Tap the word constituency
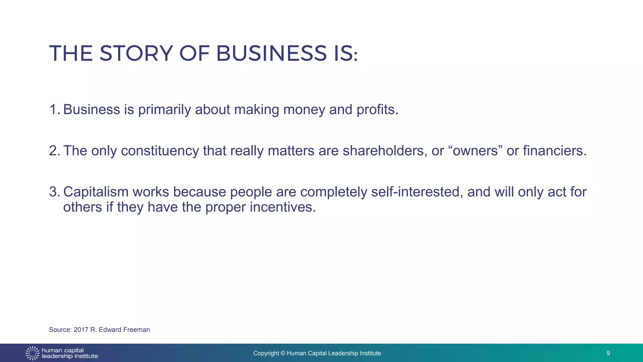tap(160, 151)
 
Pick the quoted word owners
tap(475, 151)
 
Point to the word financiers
tap(554, 151)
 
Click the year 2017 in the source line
tap(81, 330)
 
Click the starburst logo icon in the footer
tap(32, 353)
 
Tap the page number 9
tap(608, 353)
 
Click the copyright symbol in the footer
tap(283, 353)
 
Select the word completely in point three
tap(333, 192)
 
